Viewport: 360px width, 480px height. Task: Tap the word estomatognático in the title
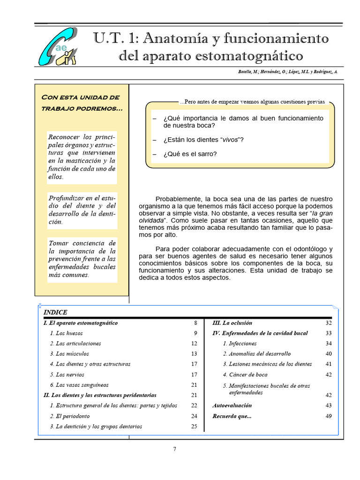[246, 56]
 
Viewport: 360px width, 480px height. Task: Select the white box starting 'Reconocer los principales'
[82, 157]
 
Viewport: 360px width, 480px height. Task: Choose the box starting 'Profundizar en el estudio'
[82, 210]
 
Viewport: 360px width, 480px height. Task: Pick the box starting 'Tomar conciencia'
[82, 259]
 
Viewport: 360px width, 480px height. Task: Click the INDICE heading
[55, 313]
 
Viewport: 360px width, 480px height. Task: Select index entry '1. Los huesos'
[66, 333]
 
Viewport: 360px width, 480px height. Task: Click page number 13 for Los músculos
[194, 354]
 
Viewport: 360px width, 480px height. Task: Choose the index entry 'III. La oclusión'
[232, 323]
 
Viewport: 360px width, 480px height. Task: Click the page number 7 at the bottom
[175, 449]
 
